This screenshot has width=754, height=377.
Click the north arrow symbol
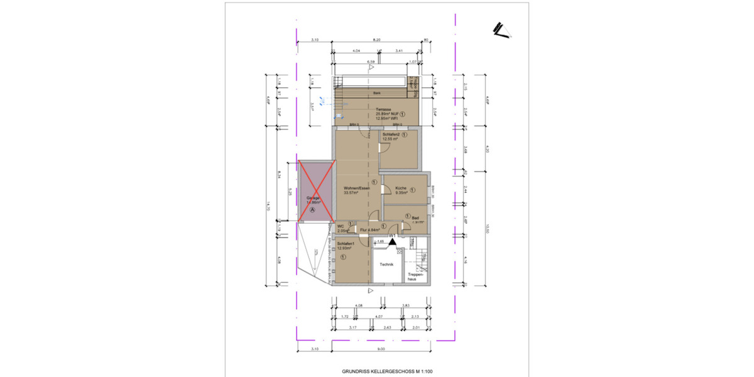(x=501, y=30)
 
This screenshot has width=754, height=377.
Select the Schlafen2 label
(x=391, y=134)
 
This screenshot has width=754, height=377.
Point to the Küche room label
(x=401, y=188)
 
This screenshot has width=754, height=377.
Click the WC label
(x=341, y=226)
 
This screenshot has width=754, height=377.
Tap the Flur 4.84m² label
(x=369, y=230)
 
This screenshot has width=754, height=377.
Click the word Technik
(x=386, y=265)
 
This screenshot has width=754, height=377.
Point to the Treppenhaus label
(x=417, y=277)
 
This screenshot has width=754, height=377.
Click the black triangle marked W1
(x=392, y=241)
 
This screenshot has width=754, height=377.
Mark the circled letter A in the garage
(x=313, y=211)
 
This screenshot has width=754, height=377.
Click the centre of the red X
(x=316, y=191)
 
